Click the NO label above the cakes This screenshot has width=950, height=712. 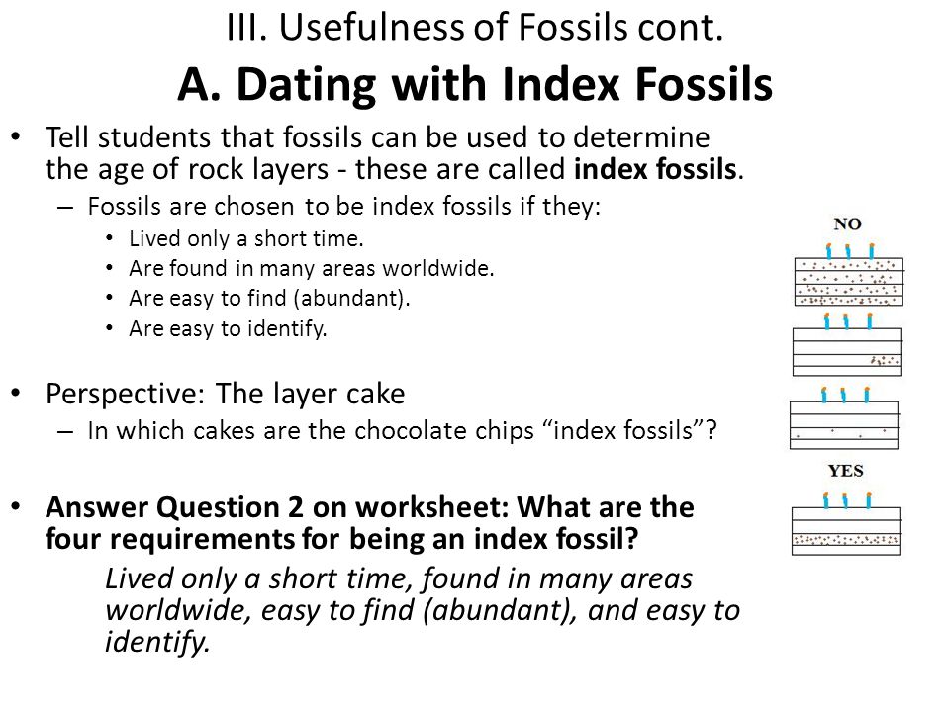pyautogui.click(x=847, y=224)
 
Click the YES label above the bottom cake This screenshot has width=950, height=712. pyautogui.click(x=846, y=471)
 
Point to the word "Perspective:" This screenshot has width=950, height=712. pyautogui.click(x=126, y=395)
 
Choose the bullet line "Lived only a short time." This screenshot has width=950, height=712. pyautogui.click(x=246, y=238)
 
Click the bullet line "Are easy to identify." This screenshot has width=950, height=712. pyautogui.click(x=228, y=328)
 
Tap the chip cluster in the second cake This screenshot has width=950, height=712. pyautogui.click(x=885, y=360)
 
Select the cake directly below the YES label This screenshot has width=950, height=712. pyautogui.click(x=846, y=524)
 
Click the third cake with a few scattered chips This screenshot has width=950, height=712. pyautogui.click(x=844, y=419)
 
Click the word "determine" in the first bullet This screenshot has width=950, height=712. pyautogui.click(x=641, y=137)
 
